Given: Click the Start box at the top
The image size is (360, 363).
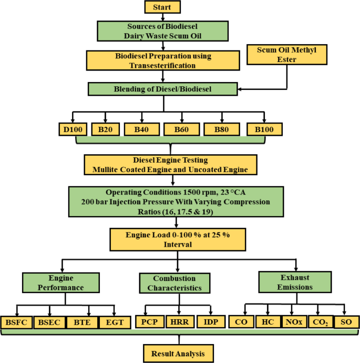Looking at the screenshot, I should point(162,7).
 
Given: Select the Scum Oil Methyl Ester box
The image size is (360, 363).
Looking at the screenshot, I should point(287,55).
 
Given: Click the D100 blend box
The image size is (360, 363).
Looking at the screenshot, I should point(73,128).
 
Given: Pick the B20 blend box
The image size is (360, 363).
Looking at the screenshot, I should point(106,128).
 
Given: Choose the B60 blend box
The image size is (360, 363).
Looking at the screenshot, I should point(180,128).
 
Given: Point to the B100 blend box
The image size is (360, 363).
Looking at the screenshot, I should point(265,128).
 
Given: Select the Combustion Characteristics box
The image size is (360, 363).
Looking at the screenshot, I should point(174,283).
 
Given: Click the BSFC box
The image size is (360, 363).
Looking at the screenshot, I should point(17,321).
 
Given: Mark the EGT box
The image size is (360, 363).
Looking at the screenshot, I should point(114,321).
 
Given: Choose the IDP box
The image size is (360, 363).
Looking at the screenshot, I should point(211,321).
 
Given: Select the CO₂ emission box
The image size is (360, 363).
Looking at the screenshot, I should point(323,321).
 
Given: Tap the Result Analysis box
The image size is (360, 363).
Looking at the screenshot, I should point(178,353).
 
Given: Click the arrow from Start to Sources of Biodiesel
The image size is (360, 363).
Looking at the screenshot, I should point(163,17).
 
